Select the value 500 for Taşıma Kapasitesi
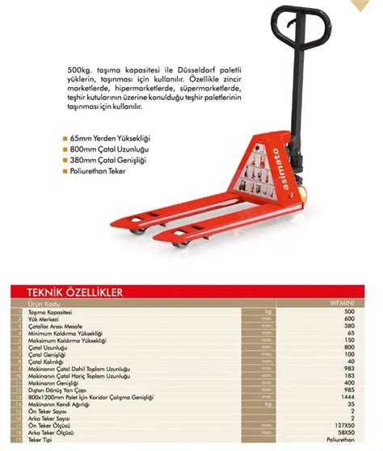349,311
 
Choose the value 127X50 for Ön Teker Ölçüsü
346,424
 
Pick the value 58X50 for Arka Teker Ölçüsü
347,432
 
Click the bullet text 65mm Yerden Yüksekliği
111,138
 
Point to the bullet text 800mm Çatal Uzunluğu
110,149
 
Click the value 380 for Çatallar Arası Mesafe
349,326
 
